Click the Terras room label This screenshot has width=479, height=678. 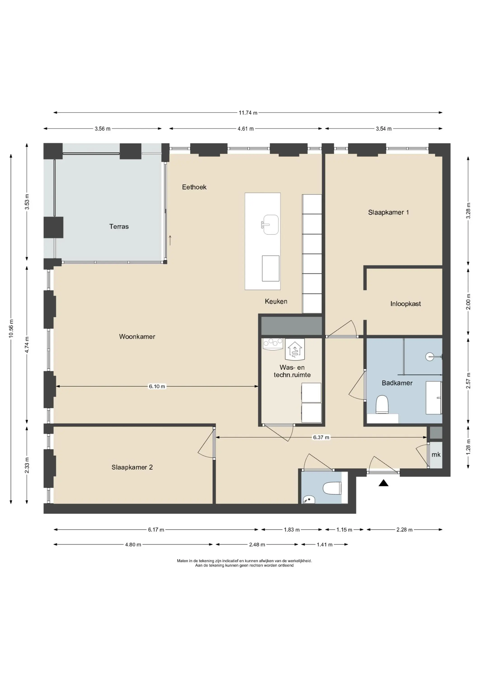119,226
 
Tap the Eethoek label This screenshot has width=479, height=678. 194,187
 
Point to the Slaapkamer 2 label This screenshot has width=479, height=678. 132,467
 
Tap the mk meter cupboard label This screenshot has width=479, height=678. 436,454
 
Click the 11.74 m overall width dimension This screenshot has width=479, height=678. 248,113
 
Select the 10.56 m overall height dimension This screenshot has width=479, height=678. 11,329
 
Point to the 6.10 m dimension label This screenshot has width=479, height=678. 157,386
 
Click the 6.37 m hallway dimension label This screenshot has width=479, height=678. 321,437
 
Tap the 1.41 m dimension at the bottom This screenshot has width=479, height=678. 325,544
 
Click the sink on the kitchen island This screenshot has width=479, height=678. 270,225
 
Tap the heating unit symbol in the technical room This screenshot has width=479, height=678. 294,349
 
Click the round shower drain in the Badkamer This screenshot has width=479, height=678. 430,356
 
